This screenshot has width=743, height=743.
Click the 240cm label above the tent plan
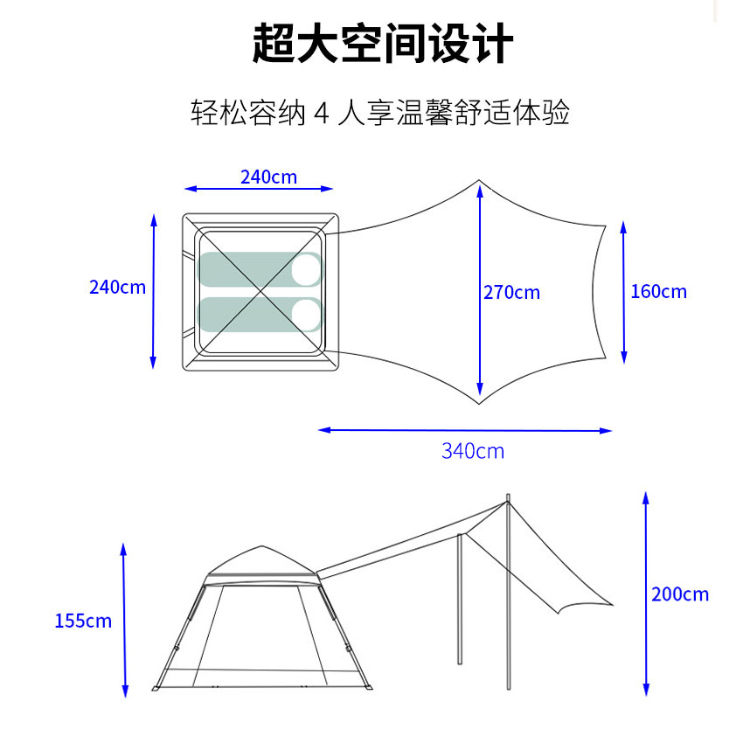coord(268,177)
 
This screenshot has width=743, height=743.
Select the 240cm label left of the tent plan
coord(117,287)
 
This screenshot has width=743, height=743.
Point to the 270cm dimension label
coord(511,292)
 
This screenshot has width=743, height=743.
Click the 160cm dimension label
coord(658,291)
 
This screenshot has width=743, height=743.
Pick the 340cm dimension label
coord(472,451)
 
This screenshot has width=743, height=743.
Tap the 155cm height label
coord(83,621)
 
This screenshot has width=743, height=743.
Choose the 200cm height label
coord(679,594)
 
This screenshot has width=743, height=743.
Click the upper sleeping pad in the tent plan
coord(249,269)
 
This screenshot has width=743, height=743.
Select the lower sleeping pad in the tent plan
coord(249,314)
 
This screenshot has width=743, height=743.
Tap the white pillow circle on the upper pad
coord(306,269)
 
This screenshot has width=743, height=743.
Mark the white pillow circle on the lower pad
coord(306,314)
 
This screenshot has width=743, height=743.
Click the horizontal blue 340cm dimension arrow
coord(464,429)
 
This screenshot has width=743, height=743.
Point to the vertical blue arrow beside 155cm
coord(124,620)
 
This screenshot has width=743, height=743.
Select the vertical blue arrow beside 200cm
coord(645,594)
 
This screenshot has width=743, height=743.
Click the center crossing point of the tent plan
coord(260,291)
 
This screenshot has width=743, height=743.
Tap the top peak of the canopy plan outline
coord(478,182)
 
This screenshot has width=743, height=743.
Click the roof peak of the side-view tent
coord(261,548)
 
